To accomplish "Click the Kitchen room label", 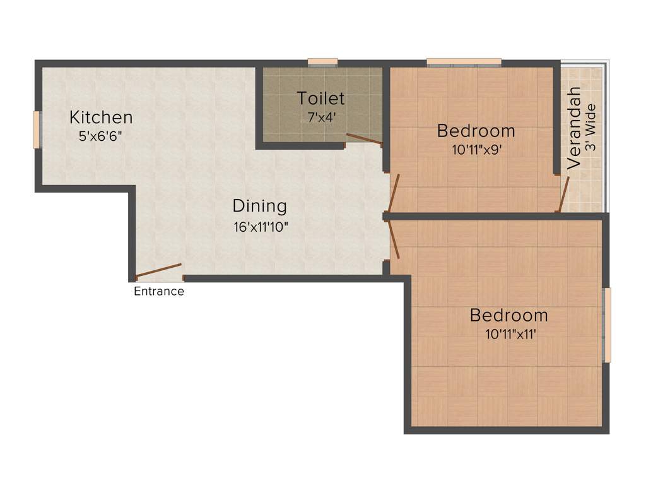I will [101, 117].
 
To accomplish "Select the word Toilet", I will [321, 99].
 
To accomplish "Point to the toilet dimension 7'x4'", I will [321, 117].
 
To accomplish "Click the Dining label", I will [260, 206].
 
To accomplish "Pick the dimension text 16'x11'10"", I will [260, 226].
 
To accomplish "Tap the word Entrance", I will [159, 292].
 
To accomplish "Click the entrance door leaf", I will [158, 270].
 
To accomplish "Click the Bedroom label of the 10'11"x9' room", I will [476, 131].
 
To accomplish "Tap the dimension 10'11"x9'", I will [476, 150].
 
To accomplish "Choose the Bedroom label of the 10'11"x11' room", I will [509, 315].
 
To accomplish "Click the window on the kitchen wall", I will [37, 129].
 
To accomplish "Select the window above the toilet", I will [322, 62].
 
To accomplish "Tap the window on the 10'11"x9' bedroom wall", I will [464, 62].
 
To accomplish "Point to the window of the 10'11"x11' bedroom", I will [608, 325].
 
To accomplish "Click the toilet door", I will [364, 139].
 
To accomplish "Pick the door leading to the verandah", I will [563, 194].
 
